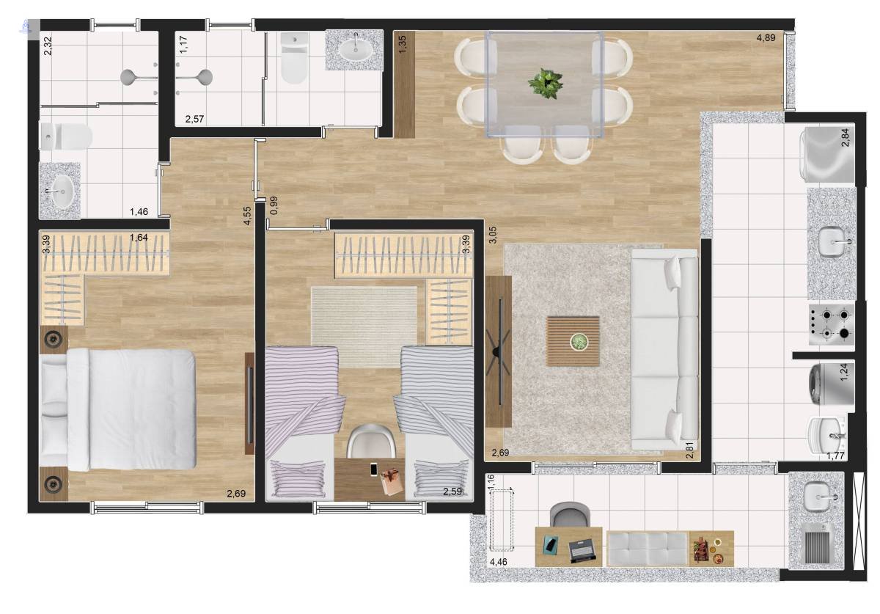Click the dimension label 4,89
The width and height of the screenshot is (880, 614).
coord(766,38)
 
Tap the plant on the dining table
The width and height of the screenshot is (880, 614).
coord(546,84)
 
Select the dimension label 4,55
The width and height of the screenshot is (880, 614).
coord(248,216)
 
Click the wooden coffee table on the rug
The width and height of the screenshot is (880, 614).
coord(573,341)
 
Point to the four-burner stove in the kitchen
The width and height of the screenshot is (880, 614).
coord(832,324)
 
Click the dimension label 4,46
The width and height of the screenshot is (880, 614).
coord(498,562)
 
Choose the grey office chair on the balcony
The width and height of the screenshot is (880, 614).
coord(570,515)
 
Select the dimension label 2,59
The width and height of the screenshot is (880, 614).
coord(452,491)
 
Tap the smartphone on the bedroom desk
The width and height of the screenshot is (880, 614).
coord(373,469)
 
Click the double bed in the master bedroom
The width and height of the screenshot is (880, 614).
coord(118,409)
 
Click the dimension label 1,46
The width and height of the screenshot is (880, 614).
coord(139,212)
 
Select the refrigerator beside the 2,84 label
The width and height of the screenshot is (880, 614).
coord(827,155)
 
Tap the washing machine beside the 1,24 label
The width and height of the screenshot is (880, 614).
coord(832,384)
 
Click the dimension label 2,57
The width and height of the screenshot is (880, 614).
coord(194,119)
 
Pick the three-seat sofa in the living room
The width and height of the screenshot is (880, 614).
coord(664,349)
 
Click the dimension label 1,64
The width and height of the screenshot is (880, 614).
coord(139,238)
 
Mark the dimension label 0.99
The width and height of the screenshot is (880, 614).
coord(274,205)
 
